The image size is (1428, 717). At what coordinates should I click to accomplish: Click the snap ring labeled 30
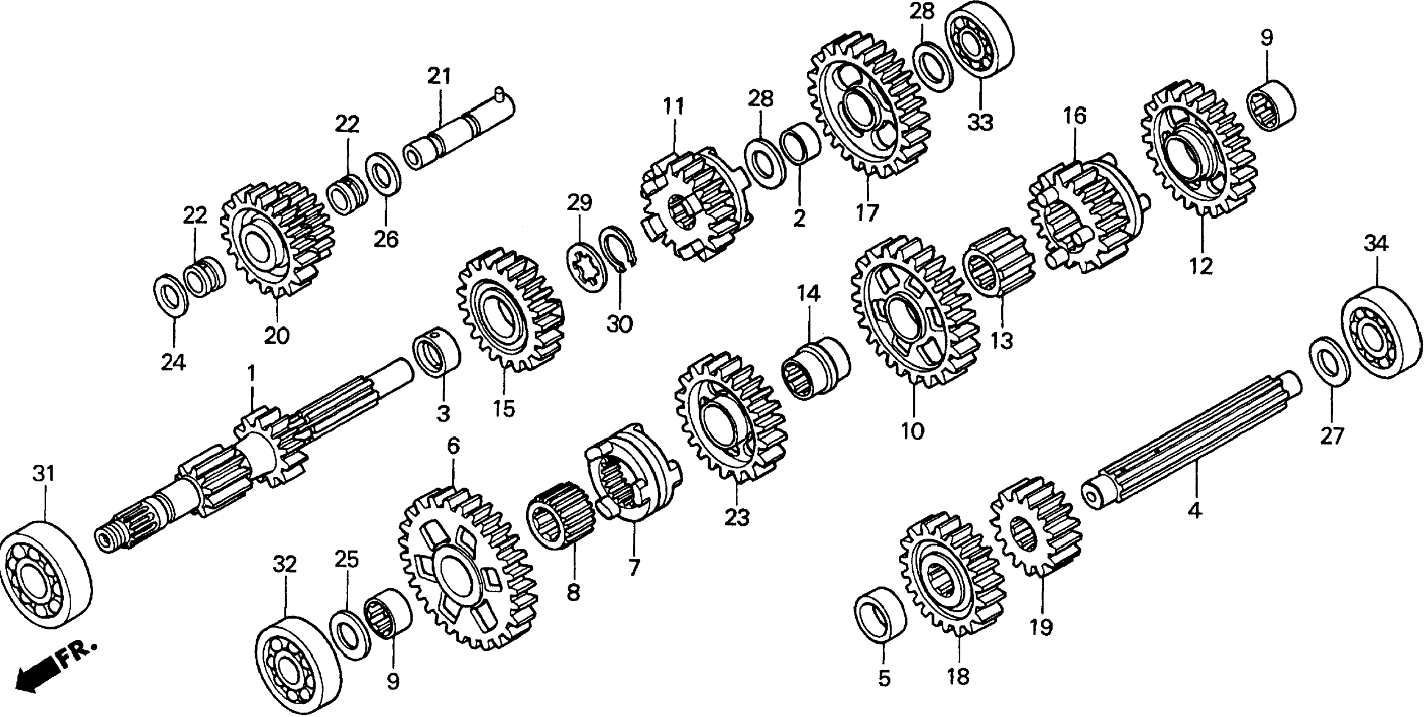click(619, 250)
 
